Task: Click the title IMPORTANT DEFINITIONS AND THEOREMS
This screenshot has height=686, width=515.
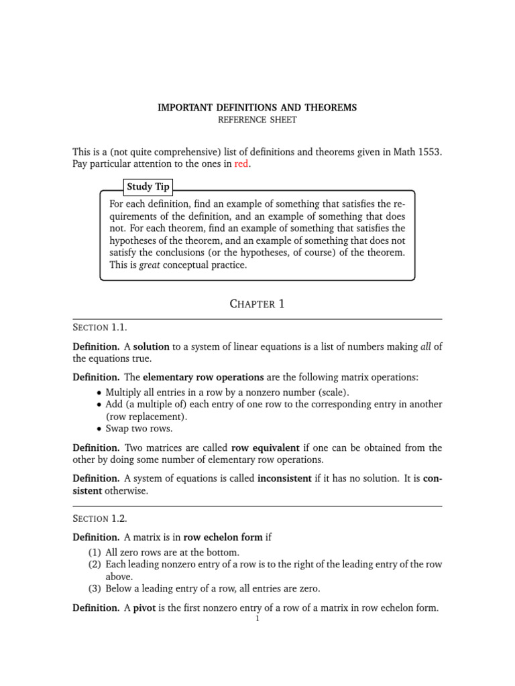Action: (257, 107)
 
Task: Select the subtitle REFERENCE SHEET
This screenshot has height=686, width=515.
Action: (257, 120)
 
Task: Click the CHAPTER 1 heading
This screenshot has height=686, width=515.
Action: (257, 304)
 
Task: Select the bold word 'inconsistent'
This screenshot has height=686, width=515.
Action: (284, 479)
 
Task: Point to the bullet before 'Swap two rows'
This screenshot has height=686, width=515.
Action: (100, 429)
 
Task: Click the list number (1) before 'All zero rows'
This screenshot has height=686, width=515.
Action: (95, 552)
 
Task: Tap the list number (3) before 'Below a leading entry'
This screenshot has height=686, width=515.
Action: (95, 589)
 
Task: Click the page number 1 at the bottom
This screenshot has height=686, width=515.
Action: (257, 620)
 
